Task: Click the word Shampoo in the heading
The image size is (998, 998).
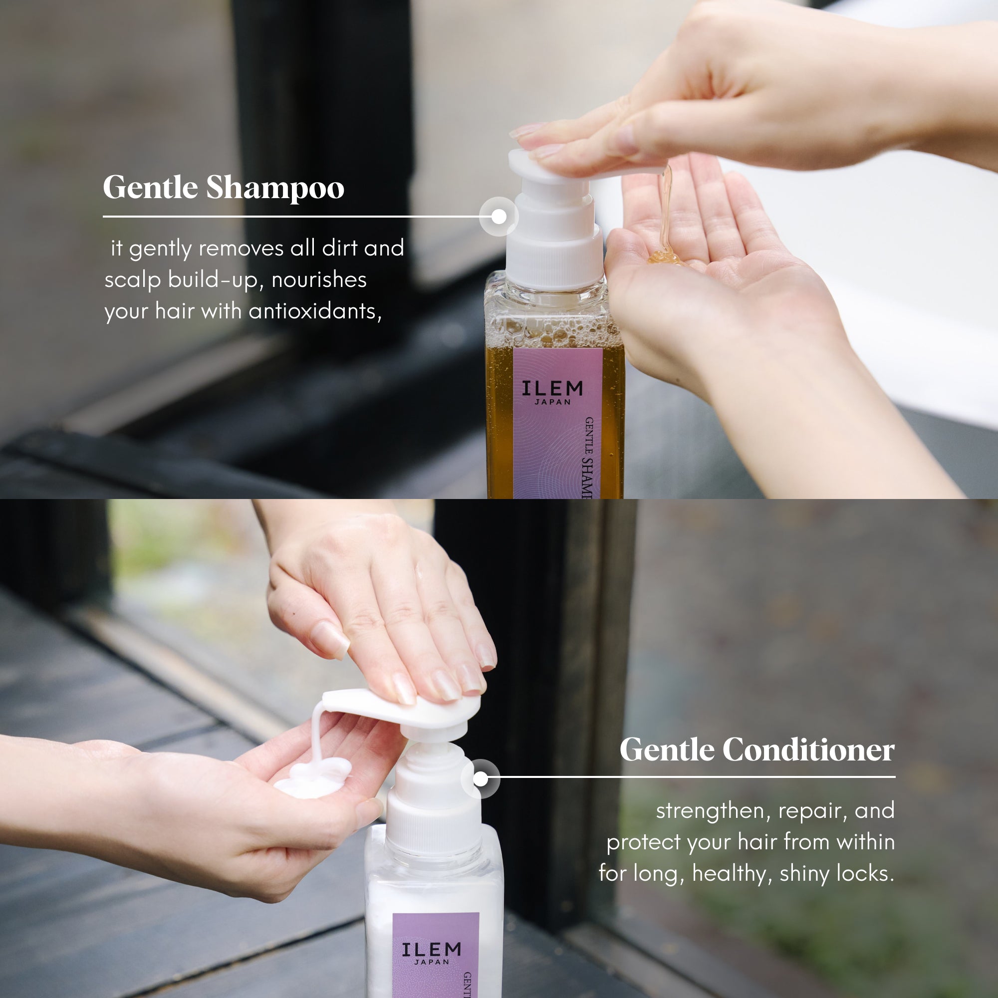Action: click(x=275, y=189)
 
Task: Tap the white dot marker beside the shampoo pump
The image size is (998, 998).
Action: click(x=499, y=217)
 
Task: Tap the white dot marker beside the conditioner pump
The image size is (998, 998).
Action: click(x=481, y=779)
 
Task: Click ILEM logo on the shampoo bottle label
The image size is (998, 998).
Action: click(x=552, y=388)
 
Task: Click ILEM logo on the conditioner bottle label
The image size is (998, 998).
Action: click(x=431, y=950)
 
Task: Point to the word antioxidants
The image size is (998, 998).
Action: click(x=314, y=311)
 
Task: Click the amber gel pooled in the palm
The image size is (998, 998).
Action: click(x=664, y=256)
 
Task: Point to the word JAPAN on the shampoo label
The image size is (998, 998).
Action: click(x=552, y=402)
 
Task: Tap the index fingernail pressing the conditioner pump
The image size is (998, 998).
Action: click(x=331, y=640)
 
